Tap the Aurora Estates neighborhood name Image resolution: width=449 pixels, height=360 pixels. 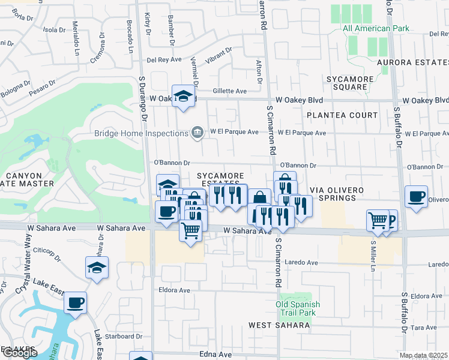(412, 62)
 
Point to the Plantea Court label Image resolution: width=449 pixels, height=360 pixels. (342, 115)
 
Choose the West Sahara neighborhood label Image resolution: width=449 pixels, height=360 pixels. (279, 325)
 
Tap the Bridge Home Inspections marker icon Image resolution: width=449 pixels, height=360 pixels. (197, 133)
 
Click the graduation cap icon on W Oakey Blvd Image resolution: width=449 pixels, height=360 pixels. (182, 96)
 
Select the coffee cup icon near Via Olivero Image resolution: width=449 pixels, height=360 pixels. (416, 196)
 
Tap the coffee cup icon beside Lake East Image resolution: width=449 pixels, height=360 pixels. (76, 302)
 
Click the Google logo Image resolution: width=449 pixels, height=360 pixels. (19, 353)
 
